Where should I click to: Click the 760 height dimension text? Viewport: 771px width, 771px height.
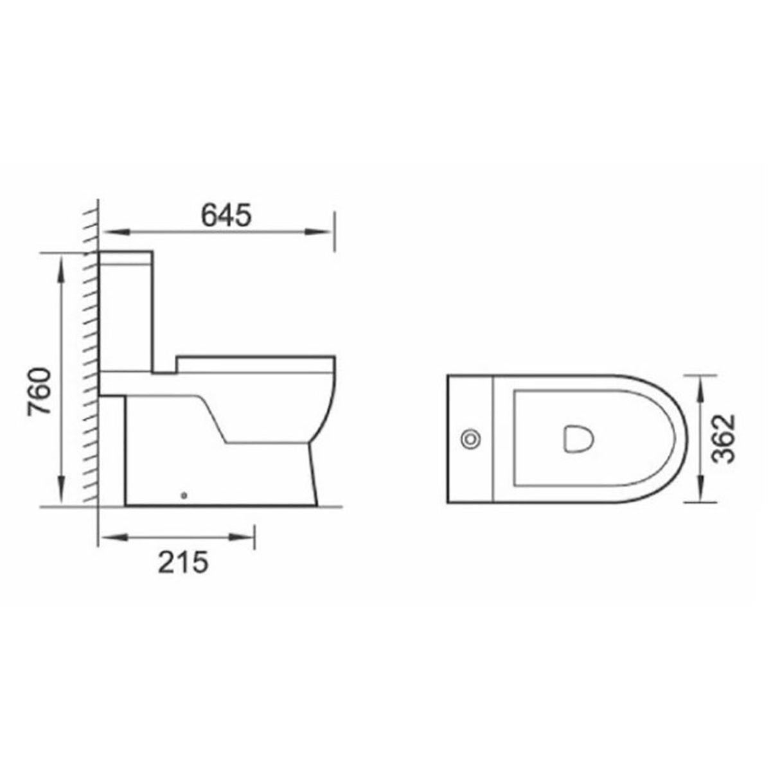40,391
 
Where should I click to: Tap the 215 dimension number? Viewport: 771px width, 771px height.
183,563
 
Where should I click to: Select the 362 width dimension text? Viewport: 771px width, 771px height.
724,438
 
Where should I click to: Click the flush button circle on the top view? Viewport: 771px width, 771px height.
470,439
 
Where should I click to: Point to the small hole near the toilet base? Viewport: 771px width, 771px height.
185,495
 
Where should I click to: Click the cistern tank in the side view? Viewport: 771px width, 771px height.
127,308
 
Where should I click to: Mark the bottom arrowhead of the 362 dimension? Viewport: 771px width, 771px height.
702,492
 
